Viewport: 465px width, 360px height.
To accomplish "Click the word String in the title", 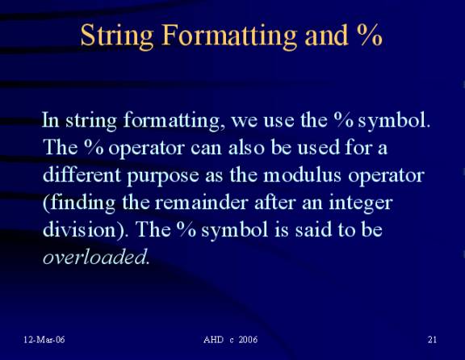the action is click(x=117, y=36).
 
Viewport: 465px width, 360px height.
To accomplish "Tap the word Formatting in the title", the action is click(x=228, y=36).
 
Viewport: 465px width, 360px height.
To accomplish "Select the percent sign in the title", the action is click(x=369, y=35).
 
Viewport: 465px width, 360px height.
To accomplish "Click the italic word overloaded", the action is click(x=94, y=256).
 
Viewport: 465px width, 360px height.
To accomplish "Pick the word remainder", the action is click(x=201, y=203).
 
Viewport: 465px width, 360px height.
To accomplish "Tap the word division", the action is click(x=80, y=229).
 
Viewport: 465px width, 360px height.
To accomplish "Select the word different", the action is click(x=82, y=174).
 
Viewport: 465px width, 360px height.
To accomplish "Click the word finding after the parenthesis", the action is click(x=82, y=203).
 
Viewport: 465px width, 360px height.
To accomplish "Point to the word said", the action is click(x=313, y=229).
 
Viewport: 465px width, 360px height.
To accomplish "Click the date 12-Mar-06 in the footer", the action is click(x=44, y=340).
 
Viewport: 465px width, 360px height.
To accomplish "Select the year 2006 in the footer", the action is click(x=248, y=340).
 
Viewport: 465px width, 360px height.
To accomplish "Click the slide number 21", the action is click(x=432, y=340).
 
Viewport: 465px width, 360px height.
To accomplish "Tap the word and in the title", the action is click(x=326, y=35).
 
